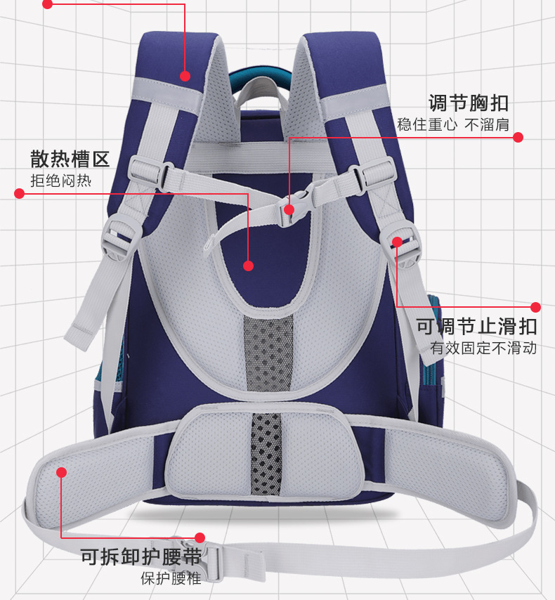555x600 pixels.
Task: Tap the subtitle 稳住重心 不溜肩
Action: click(452, 126)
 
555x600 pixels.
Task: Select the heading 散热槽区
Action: click(70, 158)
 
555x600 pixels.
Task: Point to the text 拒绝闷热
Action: click(60, 181)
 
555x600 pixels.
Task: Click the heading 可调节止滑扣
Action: click(476, 326)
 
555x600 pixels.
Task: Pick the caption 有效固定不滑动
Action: click(483, 348)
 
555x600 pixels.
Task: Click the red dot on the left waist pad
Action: click(62, 473)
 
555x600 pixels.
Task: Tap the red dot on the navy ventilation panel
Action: click(248, 266)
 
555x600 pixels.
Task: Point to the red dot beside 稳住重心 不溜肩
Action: click(518, 138)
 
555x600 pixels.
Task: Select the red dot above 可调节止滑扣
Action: click(535, 307)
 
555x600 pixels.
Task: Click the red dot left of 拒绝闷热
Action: click(20, 193)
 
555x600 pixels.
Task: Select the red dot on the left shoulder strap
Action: click(185, 77)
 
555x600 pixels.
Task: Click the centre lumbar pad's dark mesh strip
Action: click(266, 453)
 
